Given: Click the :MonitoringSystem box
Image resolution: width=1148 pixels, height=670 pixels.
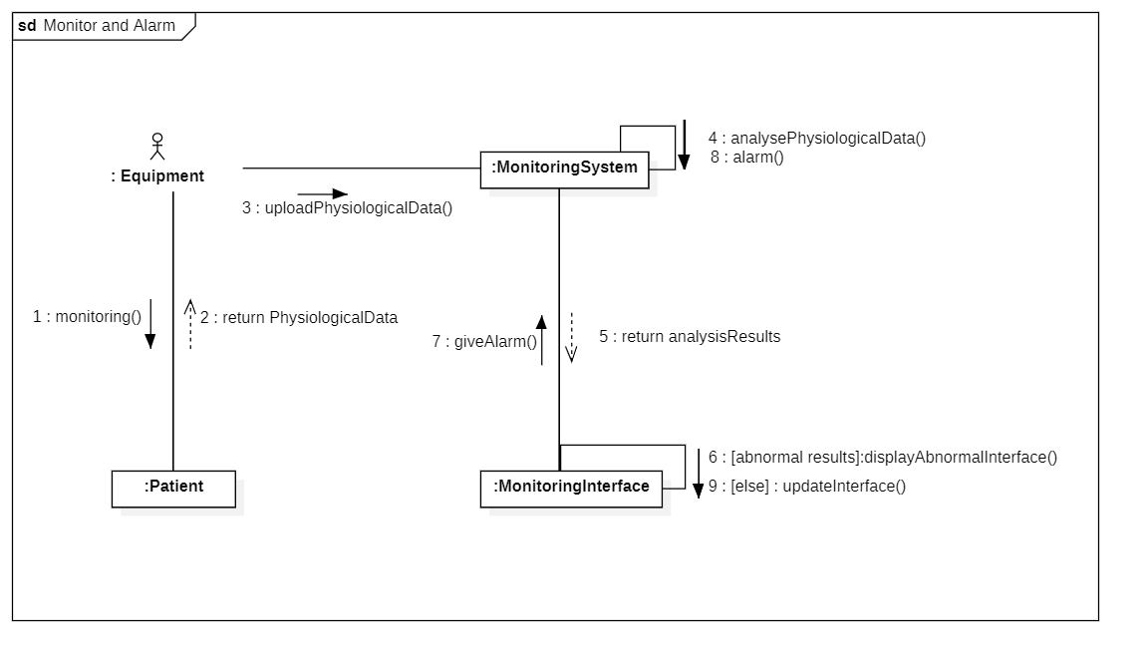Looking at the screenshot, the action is click(564, 169).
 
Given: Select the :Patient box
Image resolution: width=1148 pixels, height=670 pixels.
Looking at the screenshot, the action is click(173, 490).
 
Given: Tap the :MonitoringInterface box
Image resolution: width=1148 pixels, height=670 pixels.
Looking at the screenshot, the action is click(571, 490).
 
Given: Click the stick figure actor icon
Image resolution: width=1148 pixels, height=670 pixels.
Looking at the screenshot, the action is click(157, 147).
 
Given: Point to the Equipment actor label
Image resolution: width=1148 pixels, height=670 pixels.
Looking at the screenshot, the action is click(157, 175).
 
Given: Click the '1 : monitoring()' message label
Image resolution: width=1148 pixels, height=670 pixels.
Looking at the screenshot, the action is click(87, 316).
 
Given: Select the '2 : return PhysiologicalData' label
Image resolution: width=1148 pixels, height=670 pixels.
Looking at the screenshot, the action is click(299, 318).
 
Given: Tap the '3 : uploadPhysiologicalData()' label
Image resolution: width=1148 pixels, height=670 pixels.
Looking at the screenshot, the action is click(347, 208).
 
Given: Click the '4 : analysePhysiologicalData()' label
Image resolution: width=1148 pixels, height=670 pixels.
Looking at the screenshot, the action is click(817, 138).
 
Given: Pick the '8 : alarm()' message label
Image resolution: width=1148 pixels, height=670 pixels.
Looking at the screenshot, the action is click(746, 157).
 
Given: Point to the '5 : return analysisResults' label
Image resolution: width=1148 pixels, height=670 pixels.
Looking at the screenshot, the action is click(690, 337).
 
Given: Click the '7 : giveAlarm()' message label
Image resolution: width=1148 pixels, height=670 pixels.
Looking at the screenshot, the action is click(484, 341).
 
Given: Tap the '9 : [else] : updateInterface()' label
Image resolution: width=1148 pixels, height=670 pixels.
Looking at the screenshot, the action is click(807, 487).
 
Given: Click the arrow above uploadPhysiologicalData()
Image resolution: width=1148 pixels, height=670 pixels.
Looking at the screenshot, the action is click(322, 194).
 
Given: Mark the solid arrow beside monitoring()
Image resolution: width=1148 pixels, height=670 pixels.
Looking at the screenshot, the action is click(150, 324).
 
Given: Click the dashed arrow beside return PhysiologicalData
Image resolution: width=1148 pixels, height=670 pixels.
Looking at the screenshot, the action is click(190, 324).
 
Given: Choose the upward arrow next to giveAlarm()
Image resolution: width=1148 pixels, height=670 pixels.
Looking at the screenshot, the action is click(541, 341).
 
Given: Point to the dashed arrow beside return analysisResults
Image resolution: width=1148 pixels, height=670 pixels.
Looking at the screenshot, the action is click(571, 338).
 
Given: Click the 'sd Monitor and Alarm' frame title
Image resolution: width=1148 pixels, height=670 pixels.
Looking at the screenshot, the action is click(97, 26).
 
